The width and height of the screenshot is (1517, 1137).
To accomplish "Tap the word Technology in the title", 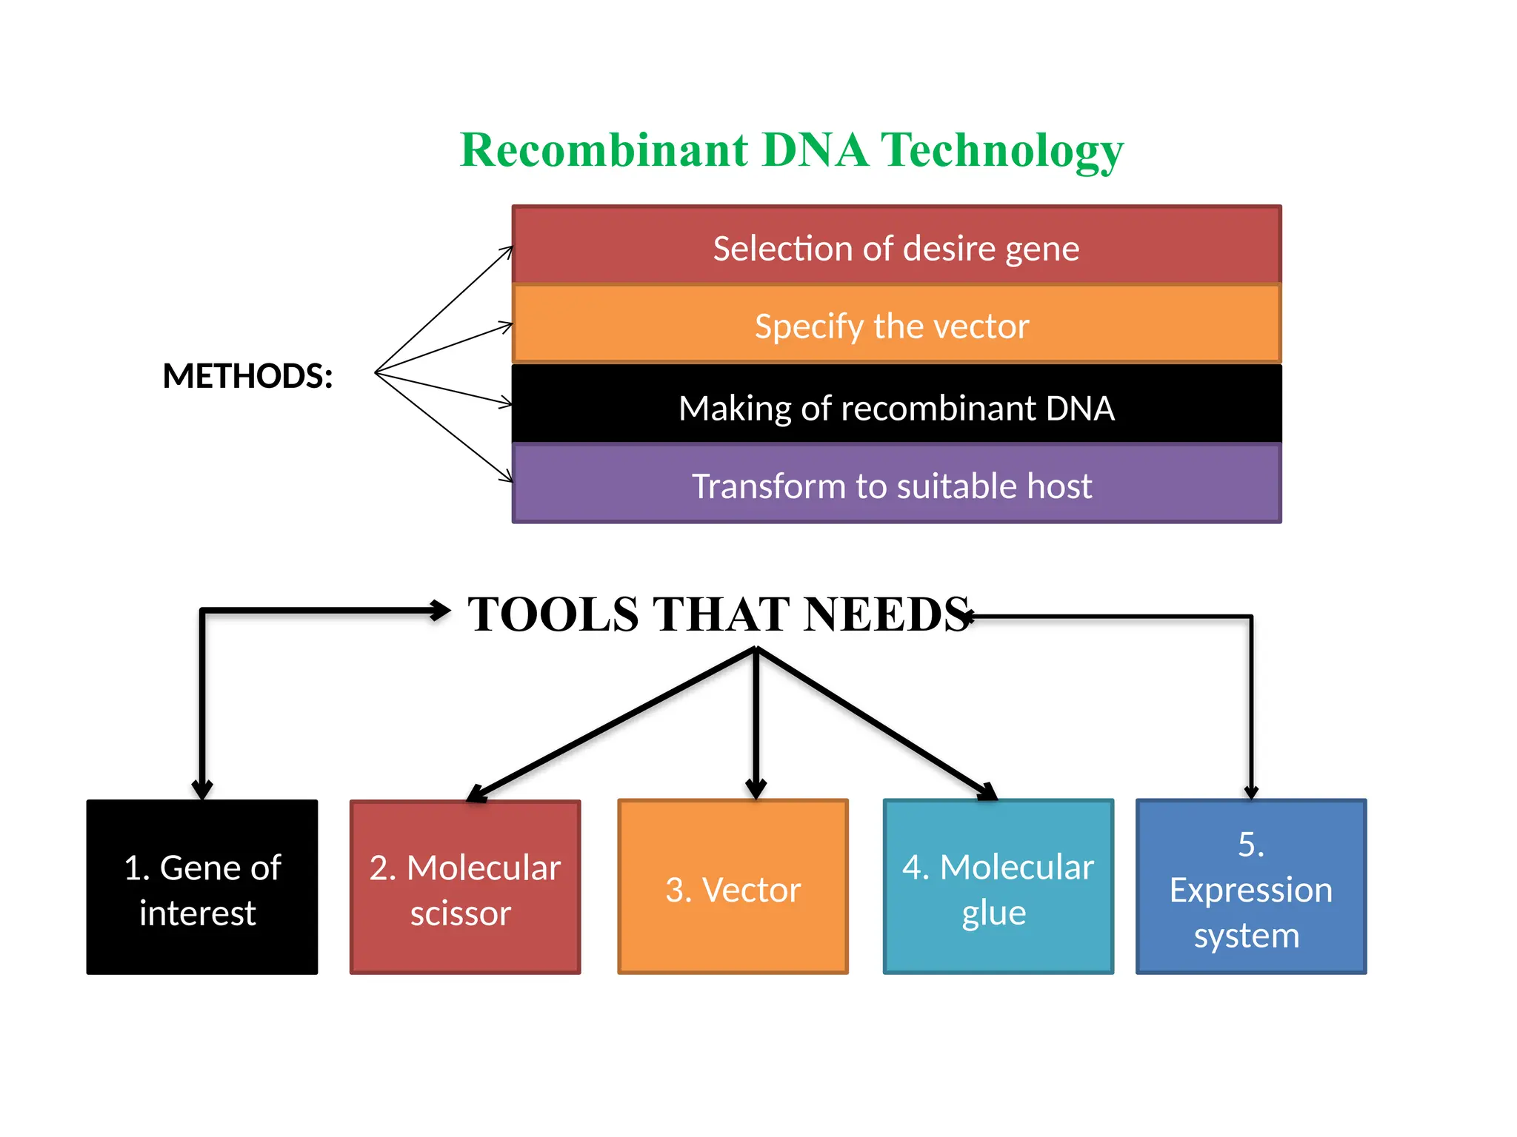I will pyautogui.click(x=1001, y=151).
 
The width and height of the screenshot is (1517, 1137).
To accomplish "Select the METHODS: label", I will pyautogui.click(x=247, y=376).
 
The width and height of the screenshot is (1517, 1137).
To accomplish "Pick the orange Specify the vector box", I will pyautogui.click(x=896, y=325).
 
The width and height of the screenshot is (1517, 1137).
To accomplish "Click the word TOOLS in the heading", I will pyautogui.click(x=553, y=614).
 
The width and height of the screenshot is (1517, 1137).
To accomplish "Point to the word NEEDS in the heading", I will pyautogui.click(x=887, y=614).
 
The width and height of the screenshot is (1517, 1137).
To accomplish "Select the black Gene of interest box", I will pyautogui.click(x=201, y=887).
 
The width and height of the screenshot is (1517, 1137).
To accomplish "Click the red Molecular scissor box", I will pyautogui.click(x=465, y=887).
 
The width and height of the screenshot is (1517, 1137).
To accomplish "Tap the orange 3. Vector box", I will pyautogui.click(x=733, y=887).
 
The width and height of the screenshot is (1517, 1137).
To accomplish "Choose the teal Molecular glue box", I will pyautogui.click(x=998, y=887).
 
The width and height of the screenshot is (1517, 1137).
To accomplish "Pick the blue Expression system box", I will pyautogui.click(x=1251, y=887).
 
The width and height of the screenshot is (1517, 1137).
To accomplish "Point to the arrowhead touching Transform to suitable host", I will pyautogui.click(x=507, y=477).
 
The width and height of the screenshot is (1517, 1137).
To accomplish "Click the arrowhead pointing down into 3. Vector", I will pyautogui.click(x=756, y=789).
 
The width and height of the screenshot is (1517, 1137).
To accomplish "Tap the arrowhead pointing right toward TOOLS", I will pyautogui.click(x=441, y=611).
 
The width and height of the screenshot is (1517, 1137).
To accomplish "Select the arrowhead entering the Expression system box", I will pyautogui.click(x=1251, y=792).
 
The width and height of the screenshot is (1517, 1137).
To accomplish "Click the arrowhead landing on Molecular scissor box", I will pyautogui.click(x=476, y=795).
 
